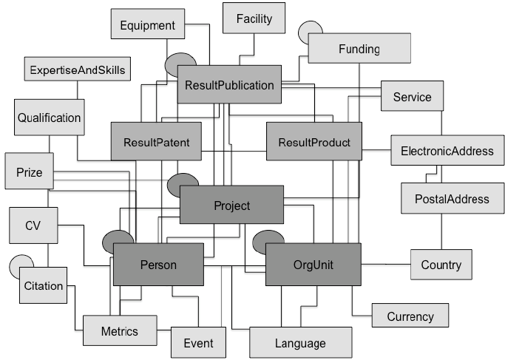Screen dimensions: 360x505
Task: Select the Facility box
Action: click(254, 18)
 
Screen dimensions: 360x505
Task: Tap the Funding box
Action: click(359, 50)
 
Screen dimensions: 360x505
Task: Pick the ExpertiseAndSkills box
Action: click(77, 70)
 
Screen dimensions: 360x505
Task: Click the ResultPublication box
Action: click(229, 85)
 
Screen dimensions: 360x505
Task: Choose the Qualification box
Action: click(49, 118)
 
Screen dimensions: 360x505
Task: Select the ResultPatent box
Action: click(156, 141)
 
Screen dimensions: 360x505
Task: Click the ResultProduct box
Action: click(314, 141)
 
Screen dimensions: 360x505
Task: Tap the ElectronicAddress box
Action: click(447, 151)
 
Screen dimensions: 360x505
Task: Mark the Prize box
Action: click(29, 173)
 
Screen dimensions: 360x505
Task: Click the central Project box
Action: click(231, 206)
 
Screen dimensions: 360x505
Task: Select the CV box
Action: click(33, 225)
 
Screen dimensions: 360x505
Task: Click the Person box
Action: click(158, 265)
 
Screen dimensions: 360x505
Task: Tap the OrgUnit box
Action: click(313, 265)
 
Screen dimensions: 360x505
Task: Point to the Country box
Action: click(441, 265)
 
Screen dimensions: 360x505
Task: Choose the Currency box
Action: click(410, 316)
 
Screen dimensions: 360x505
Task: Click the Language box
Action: click(299, 343)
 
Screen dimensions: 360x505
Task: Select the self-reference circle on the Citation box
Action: click(20, 264)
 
